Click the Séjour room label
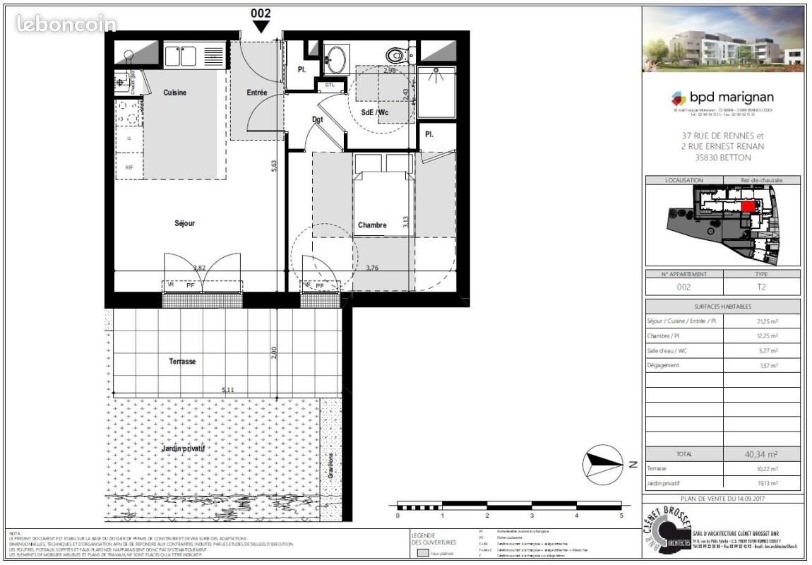(184, 223)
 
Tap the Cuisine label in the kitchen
(175, 93)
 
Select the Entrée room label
(256, 93)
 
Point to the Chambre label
(372, 225)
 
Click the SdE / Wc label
(374, 113)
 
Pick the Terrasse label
(182, 361)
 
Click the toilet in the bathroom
(397, 54)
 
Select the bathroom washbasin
(336, 56)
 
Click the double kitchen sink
(180, 56)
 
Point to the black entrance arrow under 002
(261, 26)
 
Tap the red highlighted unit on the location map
(747, 206)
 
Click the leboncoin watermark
(66, 23)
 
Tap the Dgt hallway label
(318, 119)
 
